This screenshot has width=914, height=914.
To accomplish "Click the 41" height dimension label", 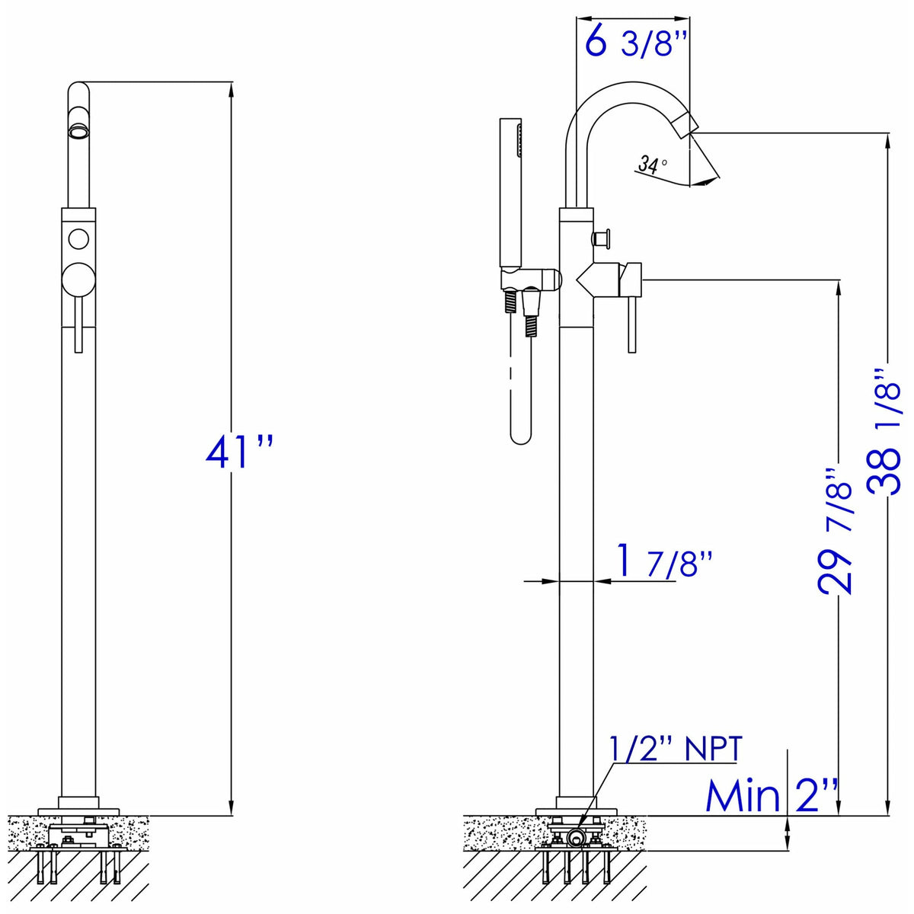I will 238,452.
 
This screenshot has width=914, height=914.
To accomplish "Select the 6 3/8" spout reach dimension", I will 636,43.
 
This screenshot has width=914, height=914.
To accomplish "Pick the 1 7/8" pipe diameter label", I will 663,562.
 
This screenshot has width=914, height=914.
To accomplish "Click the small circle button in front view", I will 78,238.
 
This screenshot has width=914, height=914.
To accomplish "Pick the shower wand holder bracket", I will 531,280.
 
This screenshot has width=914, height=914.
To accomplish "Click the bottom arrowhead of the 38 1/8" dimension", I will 888,809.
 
